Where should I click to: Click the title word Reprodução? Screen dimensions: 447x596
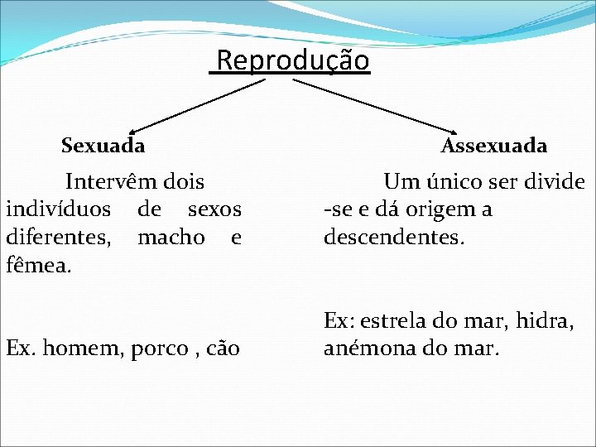pyautogui.click(x=292, y=61)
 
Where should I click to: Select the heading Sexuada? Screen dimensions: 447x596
pyautogui.click(x=103, y=147)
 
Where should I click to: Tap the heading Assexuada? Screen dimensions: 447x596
pyautogui.click(x=494, y=147)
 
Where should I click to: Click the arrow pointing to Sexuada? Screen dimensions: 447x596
pyautogui.click(x=197, y=105)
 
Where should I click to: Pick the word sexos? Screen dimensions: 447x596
pyautogui.click(x=214, y=209)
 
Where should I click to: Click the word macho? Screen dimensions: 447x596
pyautogui.click(x=171, y=238)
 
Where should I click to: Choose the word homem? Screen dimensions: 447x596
pyautogui.click(x=82, y=349)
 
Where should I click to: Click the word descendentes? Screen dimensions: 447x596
pyautogui.click(x=394, y=238)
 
